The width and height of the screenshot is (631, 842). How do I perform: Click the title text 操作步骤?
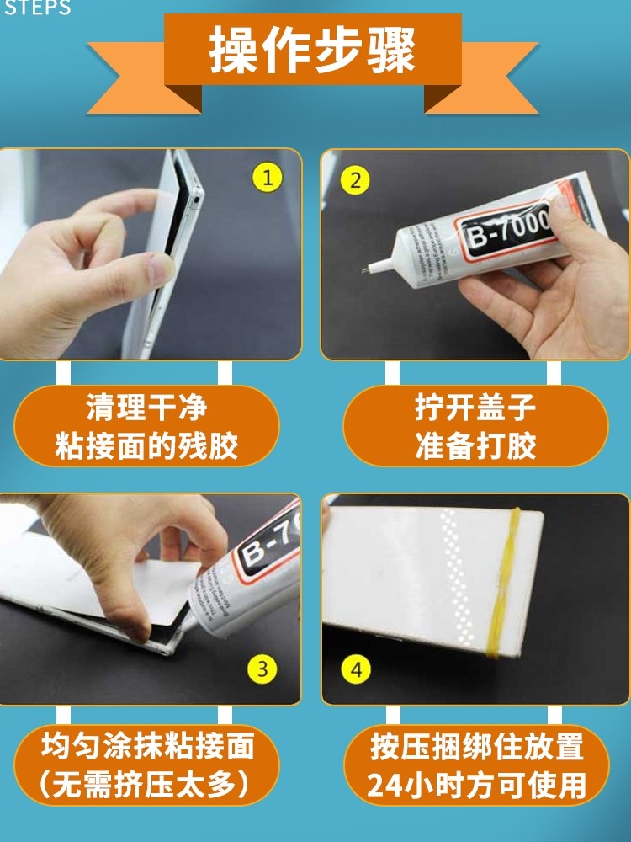pos(313,51)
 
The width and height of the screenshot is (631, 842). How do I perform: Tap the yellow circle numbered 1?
pos(268,178)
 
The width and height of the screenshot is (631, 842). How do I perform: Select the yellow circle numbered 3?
pos(262,669)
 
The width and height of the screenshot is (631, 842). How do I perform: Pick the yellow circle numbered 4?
pos(358,670)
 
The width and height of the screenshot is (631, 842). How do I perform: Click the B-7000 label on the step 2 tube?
pos(506,226)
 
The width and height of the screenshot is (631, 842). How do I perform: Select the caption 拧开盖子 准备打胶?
pos(475,427)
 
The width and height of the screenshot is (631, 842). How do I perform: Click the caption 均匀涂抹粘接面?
pos(147,746)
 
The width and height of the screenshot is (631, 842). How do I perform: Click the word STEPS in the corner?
pos(38,8)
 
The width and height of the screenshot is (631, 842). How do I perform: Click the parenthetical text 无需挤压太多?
pos(147,785)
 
